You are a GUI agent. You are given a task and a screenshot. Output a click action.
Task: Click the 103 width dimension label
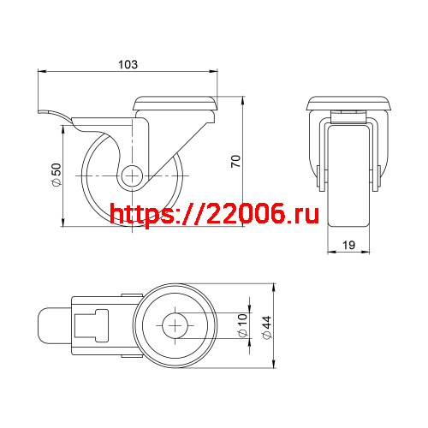(127, 64)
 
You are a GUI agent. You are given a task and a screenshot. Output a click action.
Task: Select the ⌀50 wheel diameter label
(56, 175)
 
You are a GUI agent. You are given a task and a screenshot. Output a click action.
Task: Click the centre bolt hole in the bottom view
(176, 326)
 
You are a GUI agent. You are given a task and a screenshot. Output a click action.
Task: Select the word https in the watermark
(142, 215)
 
